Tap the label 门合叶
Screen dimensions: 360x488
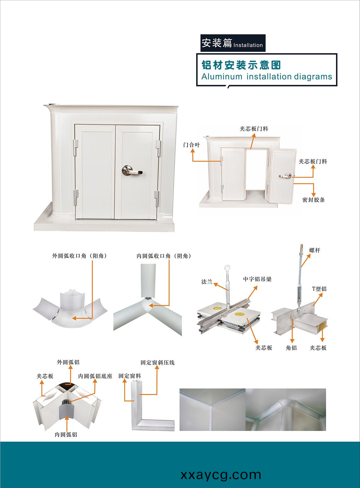pos(191,145)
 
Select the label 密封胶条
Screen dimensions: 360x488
pos(313,200)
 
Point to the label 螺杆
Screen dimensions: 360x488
pos(315,250)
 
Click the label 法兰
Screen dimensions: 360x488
pos(207,282)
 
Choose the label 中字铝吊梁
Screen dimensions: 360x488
pos(257,279)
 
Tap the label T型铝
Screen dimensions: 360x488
pos(319,289)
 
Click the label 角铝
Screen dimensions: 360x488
pos(291,348)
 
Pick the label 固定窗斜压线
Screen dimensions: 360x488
pos(157,362)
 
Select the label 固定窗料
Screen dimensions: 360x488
pos(130,376)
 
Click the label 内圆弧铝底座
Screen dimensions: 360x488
pos(95,376)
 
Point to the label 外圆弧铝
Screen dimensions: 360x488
pos(68,362)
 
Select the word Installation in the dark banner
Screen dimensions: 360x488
pos(248,45)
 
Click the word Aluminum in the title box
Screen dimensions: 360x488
pos(222,76)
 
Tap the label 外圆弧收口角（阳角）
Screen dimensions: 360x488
pos(79,256)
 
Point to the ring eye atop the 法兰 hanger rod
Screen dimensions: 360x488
pos(227,267)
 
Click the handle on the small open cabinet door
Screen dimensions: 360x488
pos(286,176)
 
